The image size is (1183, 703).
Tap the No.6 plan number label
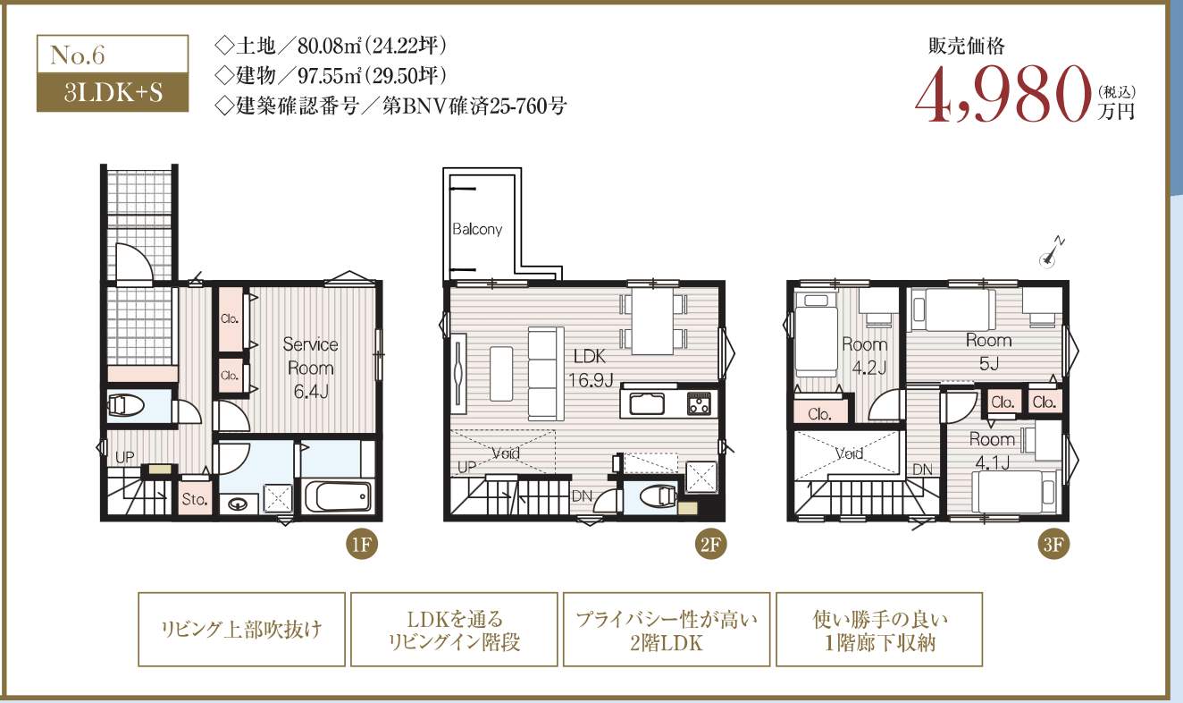pyautogui.click(x=78, y=55)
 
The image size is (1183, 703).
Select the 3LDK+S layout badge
pyautogui.click(x=113, y=92)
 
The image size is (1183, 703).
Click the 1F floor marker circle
pyautogui.click(x=362, y=544)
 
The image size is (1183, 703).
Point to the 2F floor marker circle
pyautogui.click(x=710, y=544)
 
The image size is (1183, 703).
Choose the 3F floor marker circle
pyautogui.click(x=1053, y=544)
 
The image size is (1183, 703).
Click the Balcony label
pyautogui.click(x=477, y=229)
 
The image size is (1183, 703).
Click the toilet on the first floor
pyautogui.click(x=126, y=406)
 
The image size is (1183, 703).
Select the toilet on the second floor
pyautogui.click(x=658, y=496)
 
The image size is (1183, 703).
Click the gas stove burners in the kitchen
pyautogui.click(x=700, y=404)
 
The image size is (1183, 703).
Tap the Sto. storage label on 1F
pyautogui.click(x=195, y=498)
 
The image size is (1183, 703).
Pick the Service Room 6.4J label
pyautogui.click(x=311, y=368)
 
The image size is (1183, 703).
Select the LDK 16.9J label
pyautogui.click(x=590, y=368)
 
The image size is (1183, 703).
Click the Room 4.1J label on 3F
pyautogui.click(x=992, y=451)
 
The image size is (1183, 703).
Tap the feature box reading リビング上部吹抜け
pyautogui.click(x=241, y=629)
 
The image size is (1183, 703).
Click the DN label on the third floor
pyautogui.click(x=923, y=470)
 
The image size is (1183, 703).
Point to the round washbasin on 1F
pyautogui.click(x=237, y=504)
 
